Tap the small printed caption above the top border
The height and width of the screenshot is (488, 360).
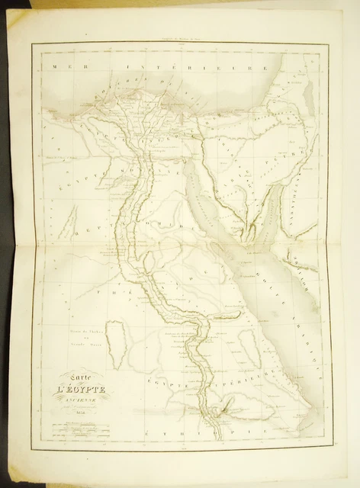coord(180,39)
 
